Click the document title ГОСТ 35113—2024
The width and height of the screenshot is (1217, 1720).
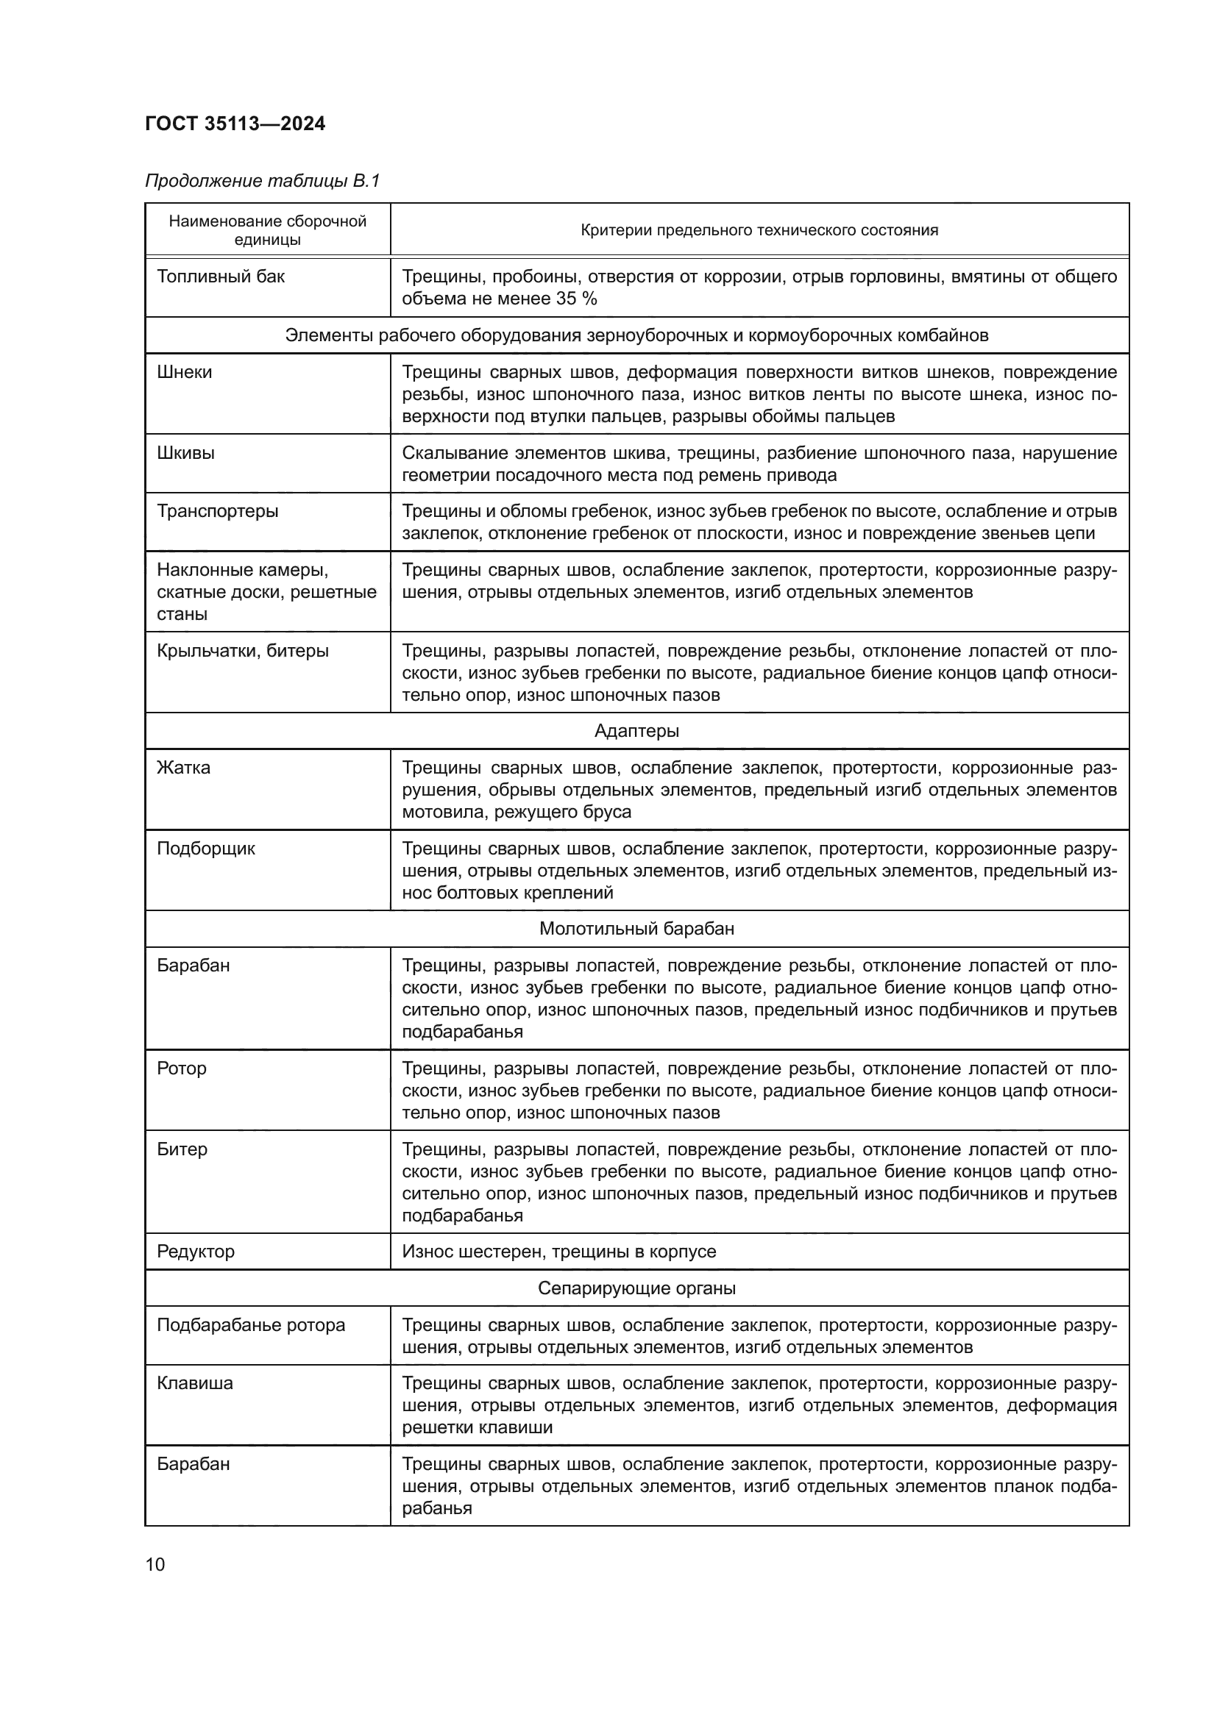pos(235,124)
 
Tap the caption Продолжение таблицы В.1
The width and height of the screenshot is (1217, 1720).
pos(262,181)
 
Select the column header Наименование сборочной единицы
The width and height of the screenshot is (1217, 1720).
pos(268,230)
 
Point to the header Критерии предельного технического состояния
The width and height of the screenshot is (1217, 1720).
pos(759,230)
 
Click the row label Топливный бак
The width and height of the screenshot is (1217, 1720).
pos(221,276)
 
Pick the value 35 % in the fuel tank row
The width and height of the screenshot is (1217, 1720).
pos(577,299)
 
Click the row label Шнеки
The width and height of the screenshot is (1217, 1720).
pos(185,372)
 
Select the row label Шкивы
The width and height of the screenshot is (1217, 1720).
pos(186,453)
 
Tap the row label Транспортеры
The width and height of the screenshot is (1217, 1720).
pos(217,511)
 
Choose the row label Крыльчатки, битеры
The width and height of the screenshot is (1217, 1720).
pos(243,650)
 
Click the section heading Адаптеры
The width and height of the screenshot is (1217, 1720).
pos(636,730)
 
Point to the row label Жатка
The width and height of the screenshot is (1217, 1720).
pos(184,768)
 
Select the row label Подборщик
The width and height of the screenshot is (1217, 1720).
pos(206,849)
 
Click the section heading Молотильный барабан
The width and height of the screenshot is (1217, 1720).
pos(636,929)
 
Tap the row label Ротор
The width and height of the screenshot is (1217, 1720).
pos(181,1068)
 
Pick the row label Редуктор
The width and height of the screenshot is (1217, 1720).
pos(196,1251)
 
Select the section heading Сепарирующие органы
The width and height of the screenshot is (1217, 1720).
pos(636,1288)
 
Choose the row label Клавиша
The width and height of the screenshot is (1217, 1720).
pos(195,1383)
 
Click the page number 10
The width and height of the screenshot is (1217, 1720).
pos(155,1564)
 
